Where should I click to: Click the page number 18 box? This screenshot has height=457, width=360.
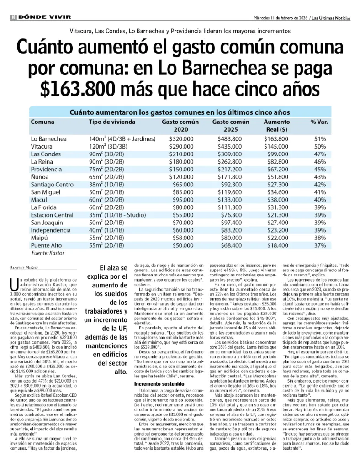(14, 17)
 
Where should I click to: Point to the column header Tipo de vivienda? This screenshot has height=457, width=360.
(112, 122)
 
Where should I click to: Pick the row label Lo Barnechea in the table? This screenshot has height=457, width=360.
(48, 138)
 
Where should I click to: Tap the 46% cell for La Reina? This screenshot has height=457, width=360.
(320, 162)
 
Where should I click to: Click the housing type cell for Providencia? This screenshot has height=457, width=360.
(106, 169)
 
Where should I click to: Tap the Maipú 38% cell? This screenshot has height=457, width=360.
(320, 238)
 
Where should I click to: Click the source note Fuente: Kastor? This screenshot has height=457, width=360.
(48, 253)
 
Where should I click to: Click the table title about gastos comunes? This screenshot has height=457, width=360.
(180, 112)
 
